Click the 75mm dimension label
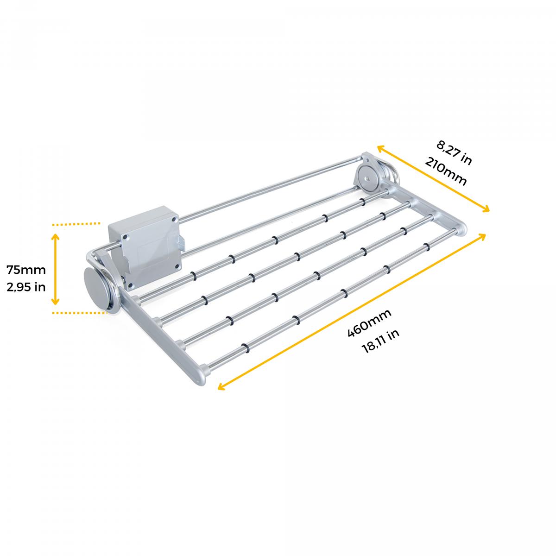pos(26,270)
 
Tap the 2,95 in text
pos(26,287)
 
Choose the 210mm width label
pos(445,172)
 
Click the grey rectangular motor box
pos(144,246)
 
